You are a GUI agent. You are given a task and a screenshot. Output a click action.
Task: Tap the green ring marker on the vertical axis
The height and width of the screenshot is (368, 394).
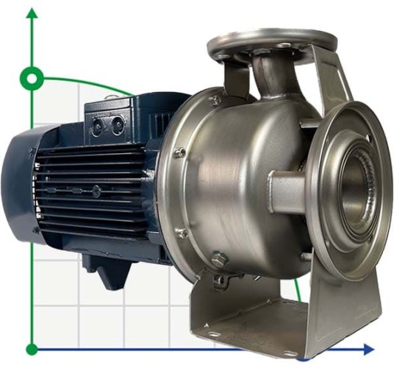[32, 77]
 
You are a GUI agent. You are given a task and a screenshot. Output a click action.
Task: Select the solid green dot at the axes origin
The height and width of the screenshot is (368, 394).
[32, 349]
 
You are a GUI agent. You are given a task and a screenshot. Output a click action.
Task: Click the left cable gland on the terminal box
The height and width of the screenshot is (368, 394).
[97, 127]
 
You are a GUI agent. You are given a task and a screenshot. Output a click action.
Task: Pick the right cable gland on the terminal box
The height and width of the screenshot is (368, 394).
[117, 127]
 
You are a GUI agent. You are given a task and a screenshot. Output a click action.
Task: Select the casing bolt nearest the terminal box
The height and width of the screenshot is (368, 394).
[215, 99]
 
